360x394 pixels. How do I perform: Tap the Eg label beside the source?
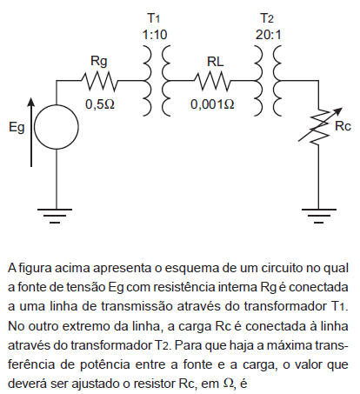click(17, 127)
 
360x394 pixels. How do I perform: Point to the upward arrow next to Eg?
click(31, 132)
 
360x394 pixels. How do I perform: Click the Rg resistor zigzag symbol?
click(99, 81)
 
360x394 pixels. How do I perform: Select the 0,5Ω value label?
click(100, 104)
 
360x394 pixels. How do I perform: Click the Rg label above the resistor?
click(99, 62)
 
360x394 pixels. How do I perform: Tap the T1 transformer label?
click(154, 18)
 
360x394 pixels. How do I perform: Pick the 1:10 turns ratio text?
click(155, 35)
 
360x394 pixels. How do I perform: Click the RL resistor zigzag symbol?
click(212, 81)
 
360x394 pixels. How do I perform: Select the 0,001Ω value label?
click(212, 104)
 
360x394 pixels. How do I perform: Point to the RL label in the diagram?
click(216, 62)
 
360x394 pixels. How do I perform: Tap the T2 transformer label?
click(267, 18)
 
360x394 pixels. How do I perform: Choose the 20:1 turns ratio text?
click(269, 35)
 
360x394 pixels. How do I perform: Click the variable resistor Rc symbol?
click(319, 126)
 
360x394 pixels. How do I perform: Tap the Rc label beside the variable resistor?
click(343, 126)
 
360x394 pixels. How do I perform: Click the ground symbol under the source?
click(55, 216)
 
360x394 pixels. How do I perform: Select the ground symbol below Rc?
click(319, 216)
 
